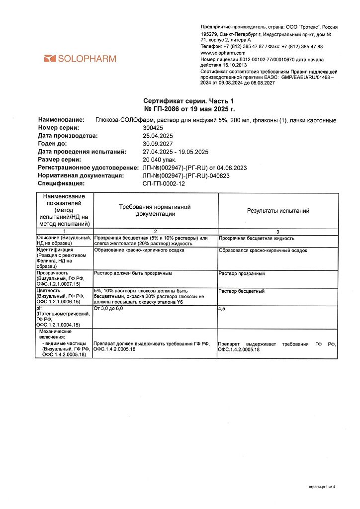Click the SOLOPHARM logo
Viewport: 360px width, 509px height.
point(80,59)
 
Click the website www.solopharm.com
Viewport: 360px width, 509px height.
point(223,53)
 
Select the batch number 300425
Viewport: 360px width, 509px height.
point(152,128)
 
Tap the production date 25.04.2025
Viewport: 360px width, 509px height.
point(158,135)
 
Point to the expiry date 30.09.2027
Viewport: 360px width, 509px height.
point(158,144)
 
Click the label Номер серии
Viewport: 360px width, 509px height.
point(59,128)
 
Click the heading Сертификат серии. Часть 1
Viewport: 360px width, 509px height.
point(188,101)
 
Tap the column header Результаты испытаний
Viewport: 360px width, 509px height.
point(278,211)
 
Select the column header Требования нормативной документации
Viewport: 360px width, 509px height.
point(155,210)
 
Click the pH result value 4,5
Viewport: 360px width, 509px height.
point(222,309)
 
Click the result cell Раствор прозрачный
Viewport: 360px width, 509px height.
point(242,273)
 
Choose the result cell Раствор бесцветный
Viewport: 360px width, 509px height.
point(242,291)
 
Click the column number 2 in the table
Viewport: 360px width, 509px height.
point(155,232)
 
